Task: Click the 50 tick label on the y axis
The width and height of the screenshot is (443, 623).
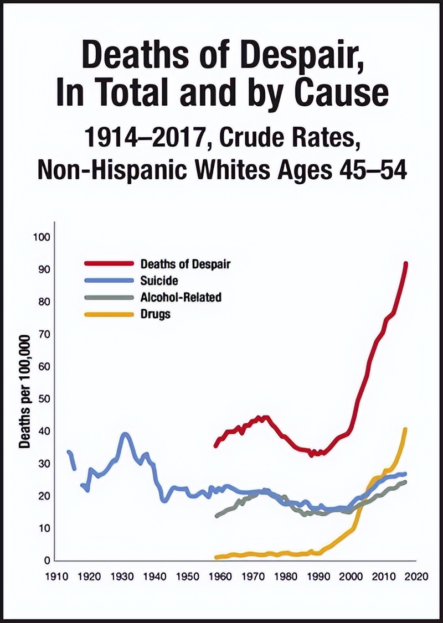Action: [43, 399]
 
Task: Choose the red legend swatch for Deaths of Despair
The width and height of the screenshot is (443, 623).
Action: [109, 264]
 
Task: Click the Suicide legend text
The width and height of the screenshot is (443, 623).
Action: [159, 281]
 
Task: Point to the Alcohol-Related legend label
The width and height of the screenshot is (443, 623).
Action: [181, 297]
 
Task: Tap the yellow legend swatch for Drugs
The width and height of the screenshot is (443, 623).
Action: [109, 314]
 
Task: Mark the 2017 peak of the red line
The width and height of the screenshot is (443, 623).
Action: [406, 263]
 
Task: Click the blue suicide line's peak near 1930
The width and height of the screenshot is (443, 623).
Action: [125, 434]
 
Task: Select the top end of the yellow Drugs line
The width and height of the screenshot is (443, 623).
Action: [406, 429]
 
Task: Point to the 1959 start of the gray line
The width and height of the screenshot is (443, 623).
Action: [217, 516]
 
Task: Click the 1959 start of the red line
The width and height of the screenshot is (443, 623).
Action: [216, 445]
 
